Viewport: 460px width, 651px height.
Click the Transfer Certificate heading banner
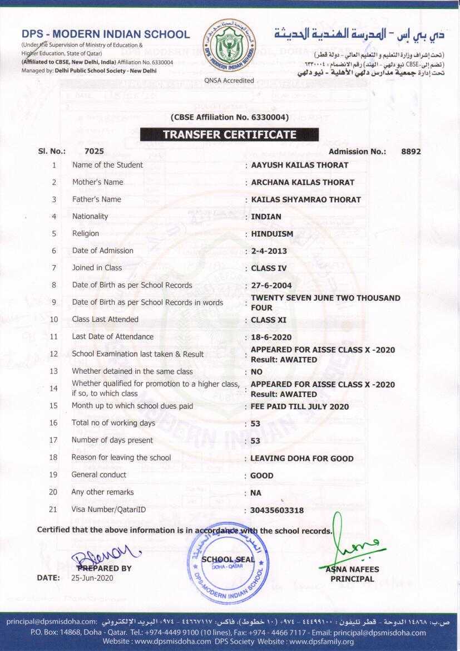tap(229, 135)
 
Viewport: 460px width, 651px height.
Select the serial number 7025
tap(94, 151)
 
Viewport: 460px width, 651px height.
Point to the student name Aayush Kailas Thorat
tap(300, 165)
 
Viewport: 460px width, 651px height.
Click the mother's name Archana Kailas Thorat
tap(303, 182)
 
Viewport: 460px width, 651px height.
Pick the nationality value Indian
tap(266, 217)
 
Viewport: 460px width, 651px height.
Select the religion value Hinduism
tap(272, 234)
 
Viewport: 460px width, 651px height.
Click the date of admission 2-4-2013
tap(269, 251)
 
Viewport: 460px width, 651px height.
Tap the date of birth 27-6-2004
tap(271, 286)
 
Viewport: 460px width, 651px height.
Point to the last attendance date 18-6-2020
tap(271, 337)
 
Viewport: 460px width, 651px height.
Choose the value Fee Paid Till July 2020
tap(300, 407)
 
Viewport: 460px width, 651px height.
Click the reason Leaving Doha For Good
tap(302, 458)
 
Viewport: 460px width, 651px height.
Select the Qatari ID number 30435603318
tap(277, 510)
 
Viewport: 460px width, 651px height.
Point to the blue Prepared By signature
tap(105, 553)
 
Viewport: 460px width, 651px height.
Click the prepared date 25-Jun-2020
tap(92, 578)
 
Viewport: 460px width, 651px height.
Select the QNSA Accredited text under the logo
tap(229, 80)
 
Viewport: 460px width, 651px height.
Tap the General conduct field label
tap(98, 475)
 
